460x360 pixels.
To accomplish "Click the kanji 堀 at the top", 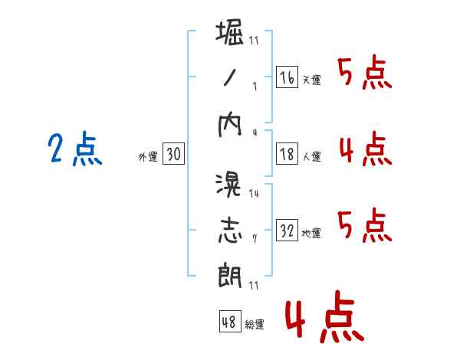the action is (230, 32).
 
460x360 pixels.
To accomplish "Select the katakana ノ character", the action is (230, 77).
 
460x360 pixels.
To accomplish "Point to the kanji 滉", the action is (228, 185).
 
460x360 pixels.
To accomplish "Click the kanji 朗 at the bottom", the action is (230, 275).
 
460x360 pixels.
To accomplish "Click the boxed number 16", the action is (287, 77).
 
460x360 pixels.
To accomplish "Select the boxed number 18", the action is (287, 154).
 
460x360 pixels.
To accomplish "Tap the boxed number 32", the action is (287, 230).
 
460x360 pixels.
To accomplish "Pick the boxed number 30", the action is (173, 153).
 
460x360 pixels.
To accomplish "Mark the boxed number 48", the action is (230, 321).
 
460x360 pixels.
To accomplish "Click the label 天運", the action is (312, 80).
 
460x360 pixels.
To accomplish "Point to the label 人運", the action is (312, 156).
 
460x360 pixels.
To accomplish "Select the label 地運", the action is (311, 233).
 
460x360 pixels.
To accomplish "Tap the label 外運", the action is (148, 156).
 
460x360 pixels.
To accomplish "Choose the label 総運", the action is (255, 324).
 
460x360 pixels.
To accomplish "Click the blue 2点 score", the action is (75, 149).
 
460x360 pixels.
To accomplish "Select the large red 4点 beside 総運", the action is (324, 316).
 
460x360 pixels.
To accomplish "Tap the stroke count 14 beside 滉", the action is (254, 194).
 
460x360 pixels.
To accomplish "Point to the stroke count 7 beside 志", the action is (255, 239).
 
